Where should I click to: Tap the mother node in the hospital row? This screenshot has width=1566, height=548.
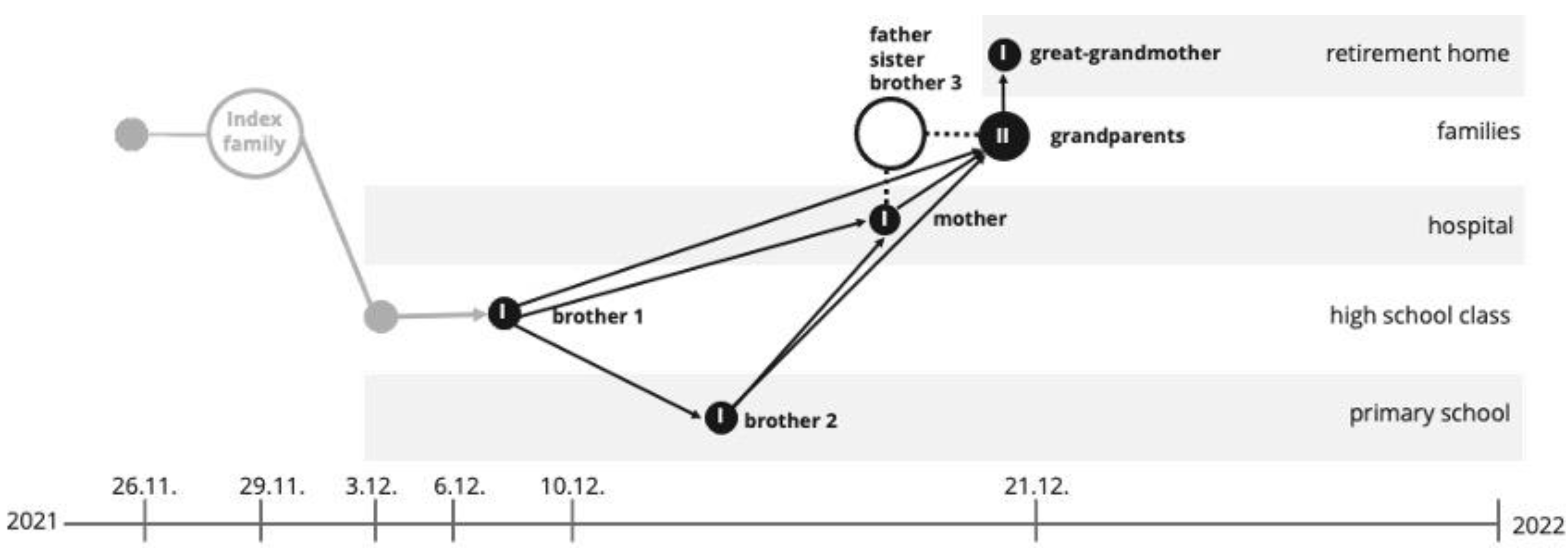(884, 219)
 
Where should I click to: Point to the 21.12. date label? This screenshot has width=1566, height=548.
(1036, 487)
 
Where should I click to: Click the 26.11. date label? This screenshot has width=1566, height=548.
(144, 487)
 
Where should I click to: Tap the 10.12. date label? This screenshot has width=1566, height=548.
(572, 487)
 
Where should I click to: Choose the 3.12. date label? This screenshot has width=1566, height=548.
(371, 487)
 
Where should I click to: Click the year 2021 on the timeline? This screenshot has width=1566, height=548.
(32, 521)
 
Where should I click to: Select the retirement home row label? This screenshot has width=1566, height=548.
(1417, 53)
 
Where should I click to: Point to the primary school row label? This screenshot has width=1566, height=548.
(1429, 413)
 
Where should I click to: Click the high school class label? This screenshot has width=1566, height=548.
(1419, 315)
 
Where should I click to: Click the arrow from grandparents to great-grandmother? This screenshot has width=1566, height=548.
(1004, 94)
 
